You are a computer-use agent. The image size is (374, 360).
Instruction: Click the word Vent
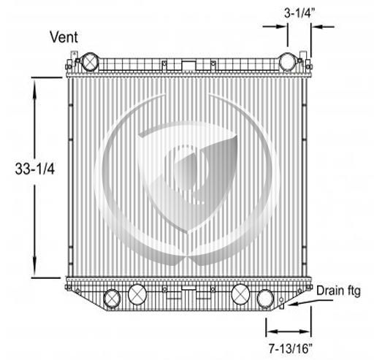(x=64, y=37)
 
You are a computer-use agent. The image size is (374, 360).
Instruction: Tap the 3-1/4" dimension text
(x=299, y=13)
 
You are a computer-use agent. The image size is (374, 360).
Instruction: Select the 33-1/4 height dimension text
(x=35, y=169)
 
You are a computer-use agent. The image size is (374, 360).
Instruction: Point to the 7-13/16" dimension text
(x=291, y=348)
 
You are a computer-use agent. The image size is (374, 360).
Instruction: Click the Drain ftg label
(x=338, y=291)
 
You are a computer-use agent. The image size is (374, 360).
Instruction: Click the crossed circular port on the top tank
(x=90, y=62)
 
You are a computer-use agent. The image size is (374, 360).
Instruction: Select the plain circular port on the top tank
(x=288, y=62)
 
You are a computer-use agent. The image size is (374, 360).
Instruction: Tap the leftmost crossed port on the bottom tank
(x=112, y=299)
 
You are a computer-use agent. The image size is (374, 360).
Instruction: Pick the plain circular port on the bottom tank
(x=265, y=299)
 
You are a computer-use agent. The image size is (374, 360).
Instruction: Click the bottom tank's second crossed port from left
(x=137, y=294)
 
